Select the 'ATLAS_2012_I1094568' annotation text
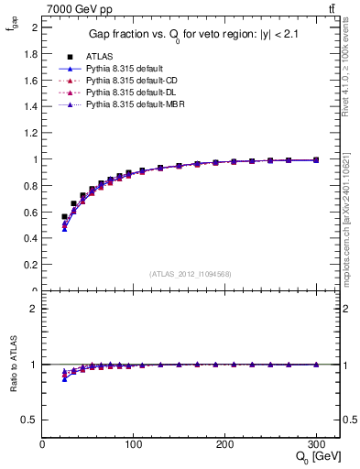pyautogui.click(x=191, y=273)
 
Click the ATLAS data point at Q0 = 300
pyautogui.click(x=316, y=159)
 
